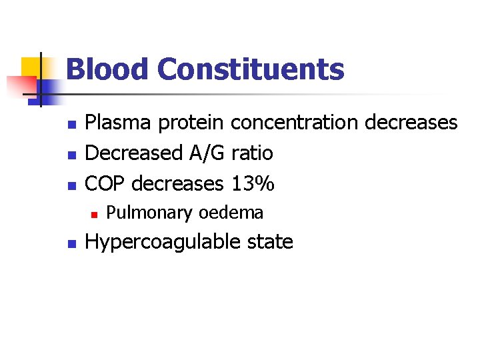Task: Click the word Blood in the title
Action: (107, 69)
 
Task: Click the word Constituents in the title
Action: (251, 69)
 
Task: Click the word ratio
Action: (252, 153)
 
